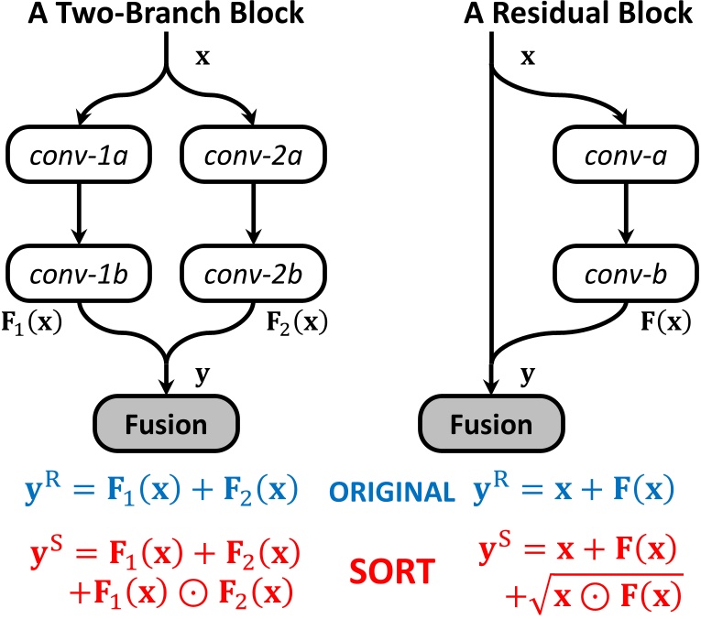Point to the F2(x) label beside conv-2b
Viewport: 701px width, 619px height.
pos(298,324)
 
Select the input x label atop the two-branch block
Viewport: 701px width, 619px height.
pos(204,57)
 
